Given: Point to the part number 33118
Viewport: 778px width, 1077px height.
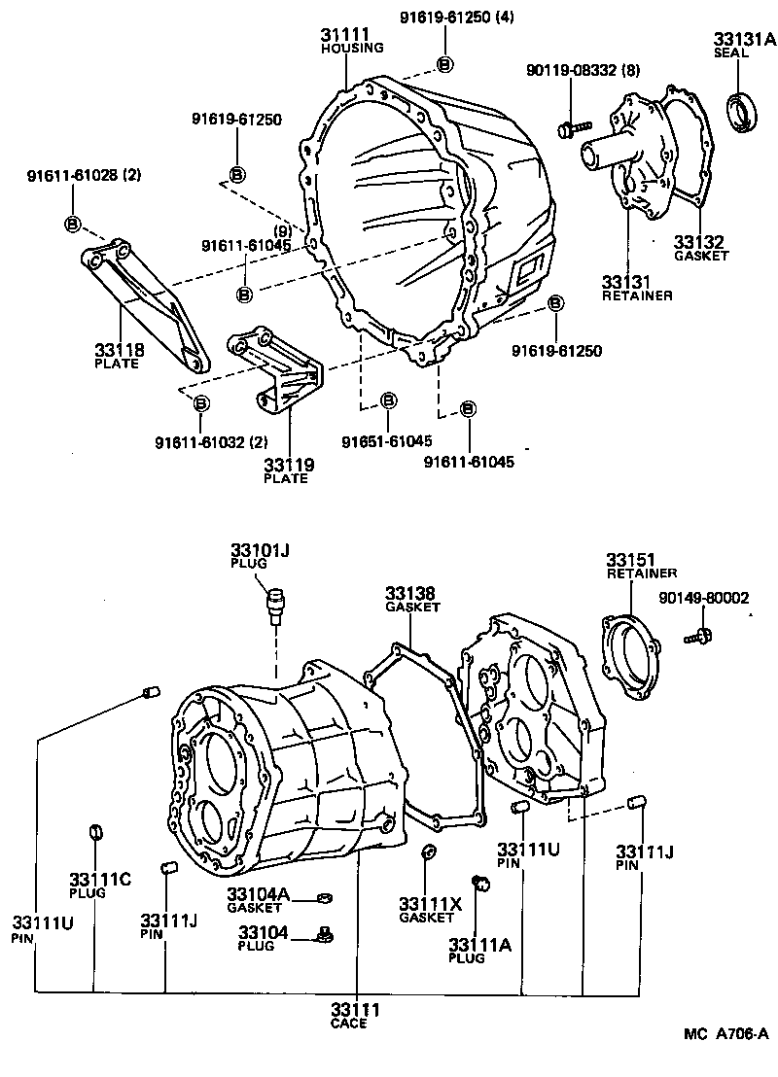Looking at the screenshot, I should [x=116, y=350].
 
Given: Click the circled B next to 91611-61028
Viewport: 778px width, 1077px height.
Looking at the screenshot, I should [x=73, y=224].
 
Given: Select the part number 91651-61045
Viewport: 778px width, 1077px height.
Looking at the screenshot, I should [x=386, y=441].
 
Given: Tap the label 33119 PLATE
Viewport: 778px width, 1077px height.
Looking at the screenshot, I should [x=289, y=471].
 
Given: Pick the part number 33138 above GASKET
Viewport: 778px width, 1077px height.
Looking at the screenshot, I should [x=409, y=594].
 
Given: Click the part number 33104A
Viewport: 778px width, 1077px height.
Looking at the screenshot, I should [x=259, y=894].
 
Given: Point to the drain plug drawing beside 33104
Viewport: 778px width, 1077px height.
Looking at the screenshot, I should [x=326, y=935].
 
